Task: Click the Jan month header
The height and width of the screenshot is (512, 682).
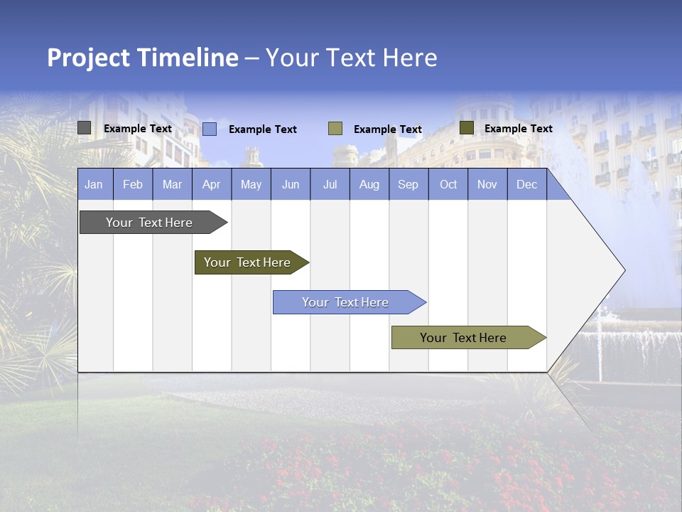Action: click(94, 184)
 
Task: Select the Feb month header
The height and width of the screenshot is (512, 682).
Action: click(133, 184)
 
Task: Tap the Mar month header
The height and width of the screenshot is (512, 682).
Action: click(172, 184)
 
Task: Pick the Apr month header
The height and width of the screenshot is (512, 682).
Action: click(212, 184)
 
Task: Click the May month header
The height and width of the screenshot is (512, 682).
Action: click(251, 184)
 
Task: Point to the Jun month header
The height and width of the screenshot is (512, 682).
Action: click(291, 184)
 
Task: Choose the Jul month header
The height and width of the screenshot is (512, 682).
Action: click(330, 184)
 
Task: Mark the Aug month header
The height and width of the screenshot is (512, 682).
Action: click(369, 184)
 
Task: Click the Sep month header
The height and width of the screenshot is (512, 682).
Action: click(408, 184)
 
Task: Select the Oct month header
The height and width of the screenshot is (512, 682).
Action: click(448, 184)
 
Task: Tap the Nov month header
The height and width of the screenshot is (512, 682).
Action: click(487, 184)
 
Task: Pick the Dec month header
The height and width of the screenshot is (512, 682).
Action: click(527, 184)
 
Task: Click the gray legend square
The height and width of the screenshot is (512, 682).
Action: click(85, 128)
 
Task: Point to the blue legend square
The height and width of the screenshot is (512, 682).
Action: click(210, 129)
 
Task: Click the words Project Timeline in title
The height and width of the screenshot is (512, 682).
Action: click(143, 58)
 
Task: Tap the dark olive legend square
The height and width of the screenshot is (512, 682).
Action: click(466, 128)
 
